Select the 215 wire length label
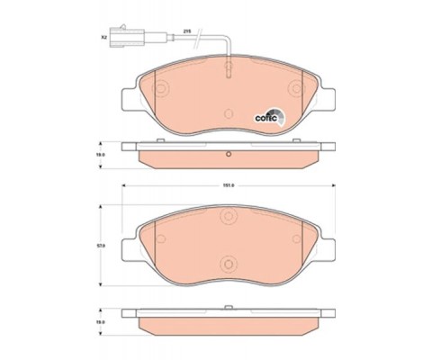coord(186,31)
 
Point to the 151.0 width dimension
coord(228,186)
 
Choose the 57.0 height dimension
coord(102,245)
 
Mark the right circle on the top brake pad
coord(294,89)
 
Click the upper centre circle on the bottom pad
coord(229,217)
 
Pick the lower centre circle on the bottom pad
coord(229,265)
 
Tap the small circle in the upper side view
coord(229,154)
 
